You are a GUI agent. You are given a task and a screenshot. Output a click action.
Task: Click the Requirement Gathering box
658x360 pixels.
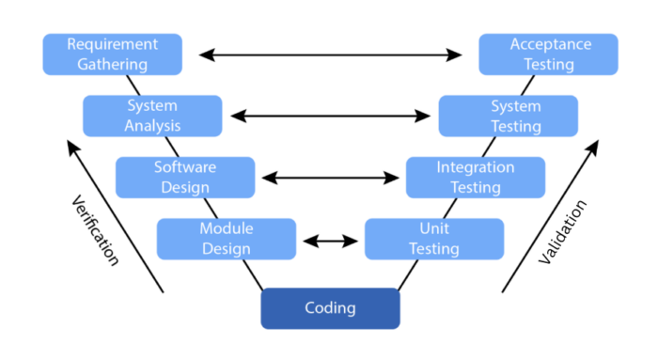[112, 55]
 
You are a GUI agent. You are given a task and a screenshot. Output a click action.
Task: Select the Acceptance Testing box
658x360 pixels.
[548, 55]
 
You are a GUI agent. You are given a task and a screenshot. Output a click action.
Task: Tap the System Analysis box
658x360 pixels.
[152, 116]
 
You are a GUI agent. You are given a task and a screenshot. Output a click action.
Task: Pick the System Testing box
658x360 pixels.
[509, 116]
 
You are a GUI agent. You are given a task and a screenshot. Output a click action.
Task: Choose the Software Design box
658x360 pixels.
[185, 177]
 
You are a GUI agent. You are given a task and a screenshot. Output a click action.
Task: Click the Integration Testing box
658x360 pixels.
[476, 177]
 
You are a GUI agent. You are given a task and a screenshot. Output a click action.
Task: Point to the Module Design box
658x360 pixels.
[226, 239]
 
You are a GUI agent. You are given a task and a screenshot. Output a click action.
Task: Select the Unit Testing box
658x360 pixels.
[433, 239]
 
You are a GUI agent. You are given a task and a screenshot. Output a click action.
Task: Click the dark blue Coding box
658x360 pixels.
[330, 308]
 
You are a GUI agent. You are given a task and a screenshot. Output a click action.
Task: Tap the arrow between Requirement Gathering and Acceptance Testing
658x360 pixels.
[330, 55]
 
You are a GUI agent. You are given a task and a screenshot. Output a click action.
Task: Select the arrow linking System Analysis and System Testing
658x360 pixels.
[330, 117]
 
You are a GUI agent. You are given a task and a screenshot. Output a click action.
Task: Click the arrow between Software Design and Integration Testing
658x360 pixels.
[330, 178]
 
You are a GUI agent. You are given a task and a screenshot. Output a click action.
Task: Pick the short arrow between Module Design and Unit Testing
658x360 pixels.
[330, 241]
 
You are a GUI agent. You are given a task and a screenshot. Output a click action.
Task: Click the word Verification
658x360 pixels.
[95, 230]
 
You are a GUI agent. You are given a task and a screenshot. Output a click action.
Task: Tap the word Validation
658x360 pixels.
[564, 231]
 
